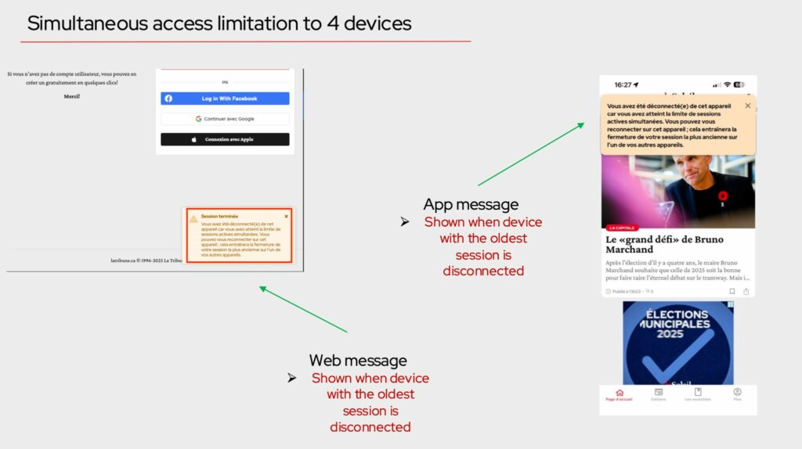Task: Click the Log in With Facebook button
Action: [x=225, y=99]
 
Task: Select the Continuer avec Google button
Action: [x=225, y=119]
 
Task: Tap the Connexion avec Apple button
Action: [x=225, y=139]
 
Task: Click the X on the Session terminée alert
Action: [x=286, y=216]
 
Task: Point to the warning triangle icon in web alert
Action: [x=193, y=219]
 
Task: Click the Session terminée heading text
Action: [x=219, y=216]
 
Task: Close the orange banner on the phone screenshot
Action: [x=747, y=106]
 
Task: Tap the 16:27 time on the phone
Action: [x=623, y=84]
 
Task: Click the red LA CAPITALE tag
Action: [x=623, y=228]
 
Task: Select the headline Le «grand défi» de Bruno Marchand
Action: [x=664, y=244]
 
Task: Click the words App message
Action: [x=471, y=205]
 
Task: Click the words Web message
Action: [x=358, y=361]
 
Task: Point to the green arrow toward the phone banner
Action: [x=533, y=153]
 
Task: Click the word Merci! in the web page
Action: [x=72, y=96]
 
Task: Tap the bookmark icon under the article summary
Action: [x=732, y=292]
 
